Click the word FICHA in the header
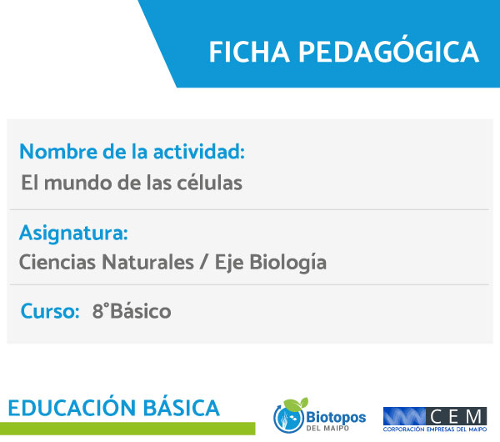(249, 52)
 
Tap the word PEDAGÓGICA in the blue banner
(388, 50)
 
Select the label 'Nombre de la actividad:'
(132, 151)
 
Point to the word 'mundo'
(78, 183)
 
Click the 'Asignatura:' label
(73, 233)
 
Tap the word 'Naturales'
(148, 263)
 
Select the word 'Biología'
(287, 263)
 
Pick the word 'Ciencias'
(57, 263)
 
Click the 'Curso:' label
(50, 311)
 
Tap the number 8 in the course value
(97, 311)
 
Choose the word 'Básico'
(140, 311)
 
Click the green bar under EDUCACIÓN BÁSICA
(127, 429)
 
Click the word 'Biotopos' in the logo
(336, 417)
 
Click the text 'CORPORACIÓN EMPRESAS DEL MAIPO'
(435, 429)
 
